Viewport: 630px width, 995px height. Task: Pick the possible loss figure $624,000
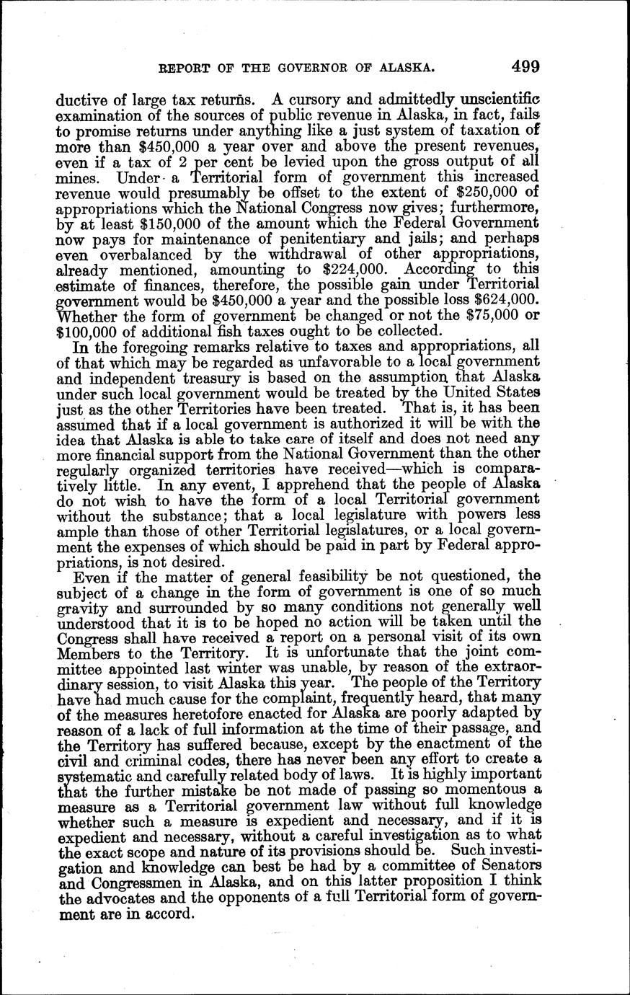pyautogui.click(x=501, y=301)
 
